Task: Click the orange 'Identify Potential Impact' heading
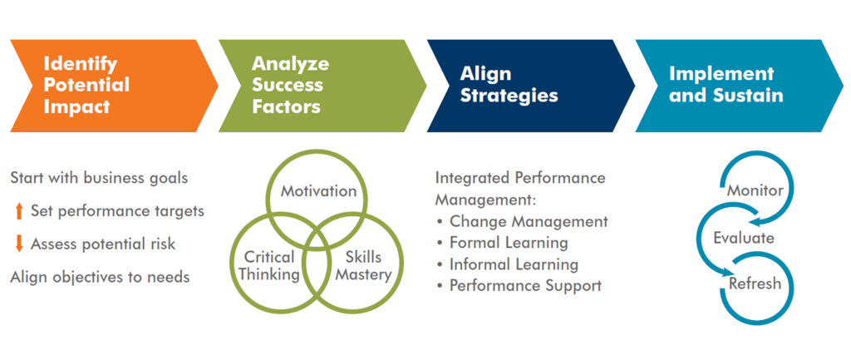86,86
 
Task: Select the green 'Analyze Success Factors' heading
290,86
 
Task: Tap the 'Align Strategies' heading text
509,86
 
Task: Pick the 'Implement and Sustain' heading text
726,86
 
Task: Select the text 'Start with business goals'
100,179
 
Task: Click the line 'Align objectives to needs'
100,277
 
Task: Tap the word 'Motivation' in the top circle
318,192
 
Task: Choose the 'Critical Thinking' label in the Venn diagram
270,266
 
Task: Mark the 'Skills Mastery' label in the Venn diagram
363,266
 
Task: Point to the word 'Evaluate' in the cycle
744,238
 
